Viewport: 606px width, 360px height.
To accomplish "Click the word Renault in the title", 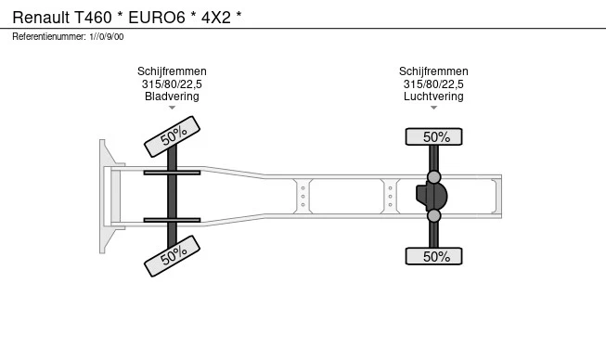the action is (41, 18).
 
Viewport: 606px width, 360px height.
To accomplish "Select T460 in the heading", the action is (93, 18).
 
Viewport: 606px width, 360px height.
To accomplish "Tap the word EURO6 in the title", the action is (157, 18).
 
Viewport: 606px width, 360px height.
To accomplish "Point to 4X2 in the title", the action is (216, 18).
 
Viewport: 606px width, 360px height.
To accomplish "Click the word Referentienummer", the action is (49, 37).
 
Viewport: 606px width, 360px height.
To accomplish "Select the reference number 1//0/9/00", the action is (107, 37).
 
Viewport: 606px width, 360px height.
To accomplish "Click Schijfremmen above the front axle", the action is (172, 71).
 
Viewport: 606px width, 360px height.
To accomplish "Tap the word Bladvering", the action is (172, 96).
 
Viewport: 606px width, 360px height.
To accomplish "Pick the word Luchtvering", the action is (433, 96).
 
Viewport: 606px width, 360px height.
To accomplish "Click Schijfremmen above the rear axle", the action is (433, 71).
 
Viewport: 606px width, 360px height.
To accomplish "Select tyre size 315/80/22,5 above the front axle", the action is (172, 84).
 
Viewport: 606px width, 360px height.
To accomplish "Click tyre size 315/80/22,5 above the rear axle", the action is (433, 84).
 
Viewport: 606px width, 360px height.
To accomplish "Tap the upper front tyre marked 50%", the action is (172, 136).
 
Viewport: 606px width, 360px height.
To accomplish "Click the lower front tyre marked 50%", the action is (172, 256).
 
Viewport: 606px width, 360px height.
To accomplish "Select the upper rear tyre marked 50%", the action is (433, 136).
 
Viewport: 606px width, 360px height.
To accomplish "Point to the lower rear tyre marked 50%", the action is (433, 256).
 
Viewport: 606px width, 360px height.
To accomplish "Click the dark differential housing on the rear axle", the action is (432, 196).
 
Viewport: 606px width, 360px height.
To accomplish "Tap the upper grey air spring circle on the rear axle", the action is (434, 177).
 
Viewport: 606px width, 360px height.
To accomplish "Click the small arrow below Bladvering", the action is (172, 108).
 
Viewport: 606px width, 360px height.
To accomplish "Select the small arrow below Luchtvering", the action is (433, 108).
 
